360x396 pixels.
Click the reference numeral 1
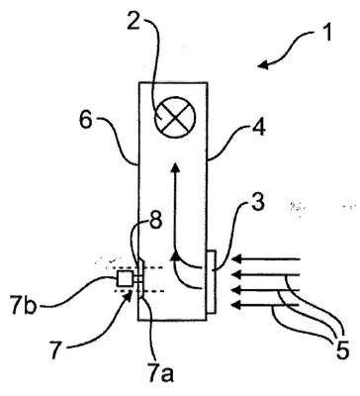click(326, 34)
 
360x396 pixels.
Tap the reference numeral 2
click(135, 20)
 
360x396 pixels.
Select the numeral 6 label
click(87, 122)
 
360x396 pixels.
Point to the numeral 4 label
click(259, 127)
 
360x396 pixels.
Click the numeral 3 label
click(258, 203)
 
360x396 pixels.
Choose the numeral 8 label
click(154, 220)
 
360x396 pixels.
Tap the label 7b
click(23, 307)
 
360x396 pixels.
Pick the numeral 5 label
click(342, 350)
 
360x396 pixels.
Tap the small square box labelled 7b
click(126, 279)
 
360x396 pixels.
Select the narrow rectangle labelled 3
click(211, 281)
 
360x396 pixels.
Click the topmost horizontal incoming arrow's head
click(236, 259)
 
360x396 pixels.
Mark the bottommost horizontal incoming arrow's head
click(236, 306)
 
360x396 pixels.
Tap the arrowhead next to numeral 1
click(263, 65)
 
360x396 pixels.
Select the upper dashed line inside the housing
click(152, 267)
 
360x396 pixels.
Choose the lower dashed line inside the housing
click(152, 291)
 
